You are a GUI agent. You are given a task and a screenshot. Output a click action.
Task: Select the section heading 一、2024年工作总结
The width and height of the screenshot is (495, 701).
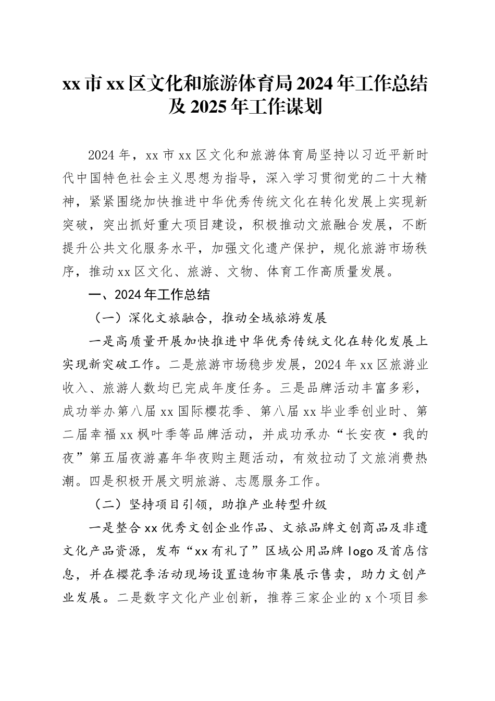coord(150,295)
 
